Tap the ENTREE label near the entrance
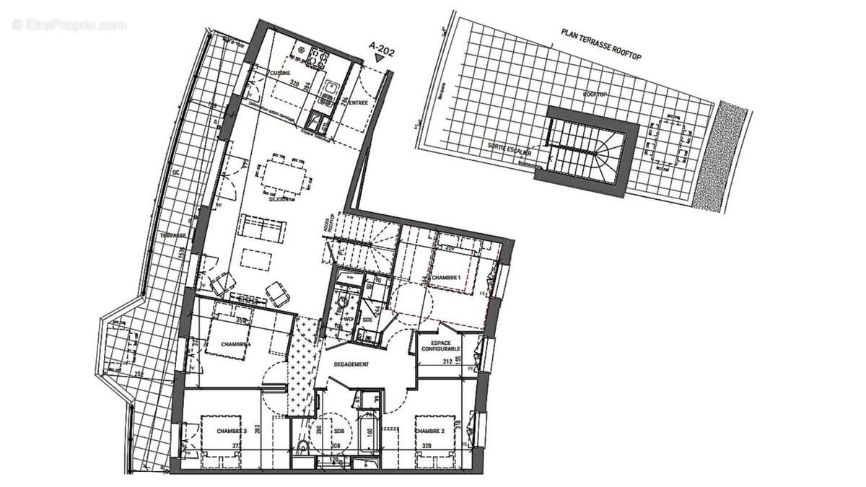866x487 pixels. (x=359, y=103)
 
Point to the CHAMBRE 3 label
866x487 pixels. (x=232, y=431)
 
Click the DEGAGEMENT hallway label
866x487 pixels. (x=351, y=365)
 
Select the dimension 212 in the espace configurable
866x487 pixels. (x=448, y=361)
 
